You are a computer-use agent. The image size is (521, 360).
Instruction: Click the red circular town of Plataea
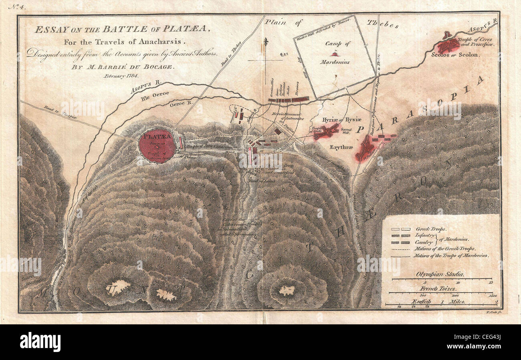pos(158,145)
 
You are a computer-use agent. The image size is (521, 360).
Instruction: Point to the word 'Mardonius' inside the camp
pos(335,62)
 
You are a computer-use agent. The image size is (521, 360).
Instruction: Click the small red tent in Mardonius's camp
pos(334,54)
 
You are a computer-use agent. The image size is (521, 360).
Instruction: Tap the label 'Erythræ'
pos(341,147)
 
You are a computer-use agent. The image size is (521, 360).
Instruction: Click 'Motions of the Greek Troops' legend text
pos(445,249)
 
